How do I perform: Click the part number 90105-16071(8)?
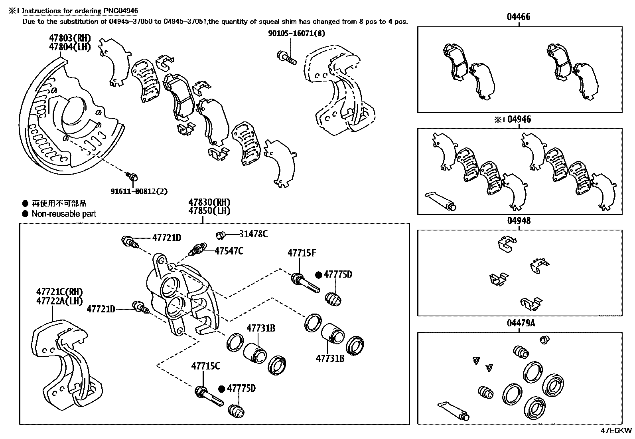point(296,34)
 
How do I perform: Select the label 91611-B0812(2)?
point(139,191)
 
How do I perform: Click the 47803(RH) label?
point(70,38)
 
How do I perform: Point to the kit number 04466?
point(519,17)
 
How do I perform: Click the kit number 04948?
point(519,220)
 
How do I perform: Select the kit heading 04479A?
point(521,323)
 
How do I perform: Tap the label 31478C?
point(253,234)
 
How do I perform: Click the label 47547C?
point(229,251)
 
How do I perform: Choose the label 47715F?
point(302,253)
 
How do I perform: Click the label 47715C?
point(205,366)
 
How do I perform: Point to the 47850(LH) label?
point(209,211)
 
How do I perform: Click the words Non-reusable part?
point(64,214)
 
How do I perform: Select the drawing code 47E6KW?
point(616,431)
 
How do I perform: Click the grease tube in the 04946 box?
point(441,201)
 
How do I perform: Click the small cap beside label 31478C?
point(220,234)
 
